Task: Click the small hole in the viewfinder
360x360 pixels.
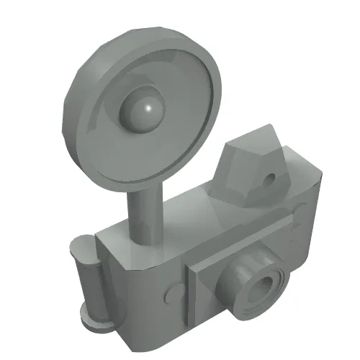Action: click(271, 177)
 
